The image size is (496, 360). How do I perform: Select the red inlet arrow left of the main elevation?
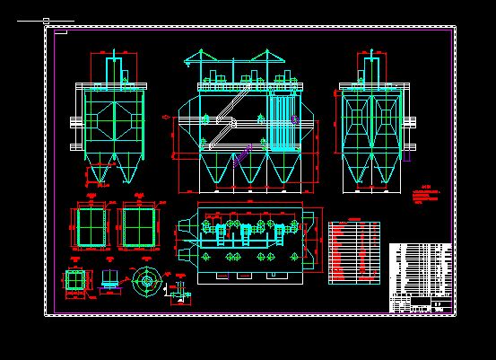[166, 117]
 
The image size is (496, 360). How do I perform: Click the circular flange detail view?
[144, 280]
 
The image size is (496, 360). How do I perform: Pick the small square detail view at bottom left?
[76, 280]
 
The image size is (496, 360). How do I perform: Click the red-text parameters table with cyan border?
[353, 252]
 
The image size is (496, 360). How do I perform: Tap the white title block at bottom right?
[422, 277]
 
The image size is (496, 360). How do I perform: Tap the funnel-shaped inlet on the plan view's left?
[185, 239]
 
